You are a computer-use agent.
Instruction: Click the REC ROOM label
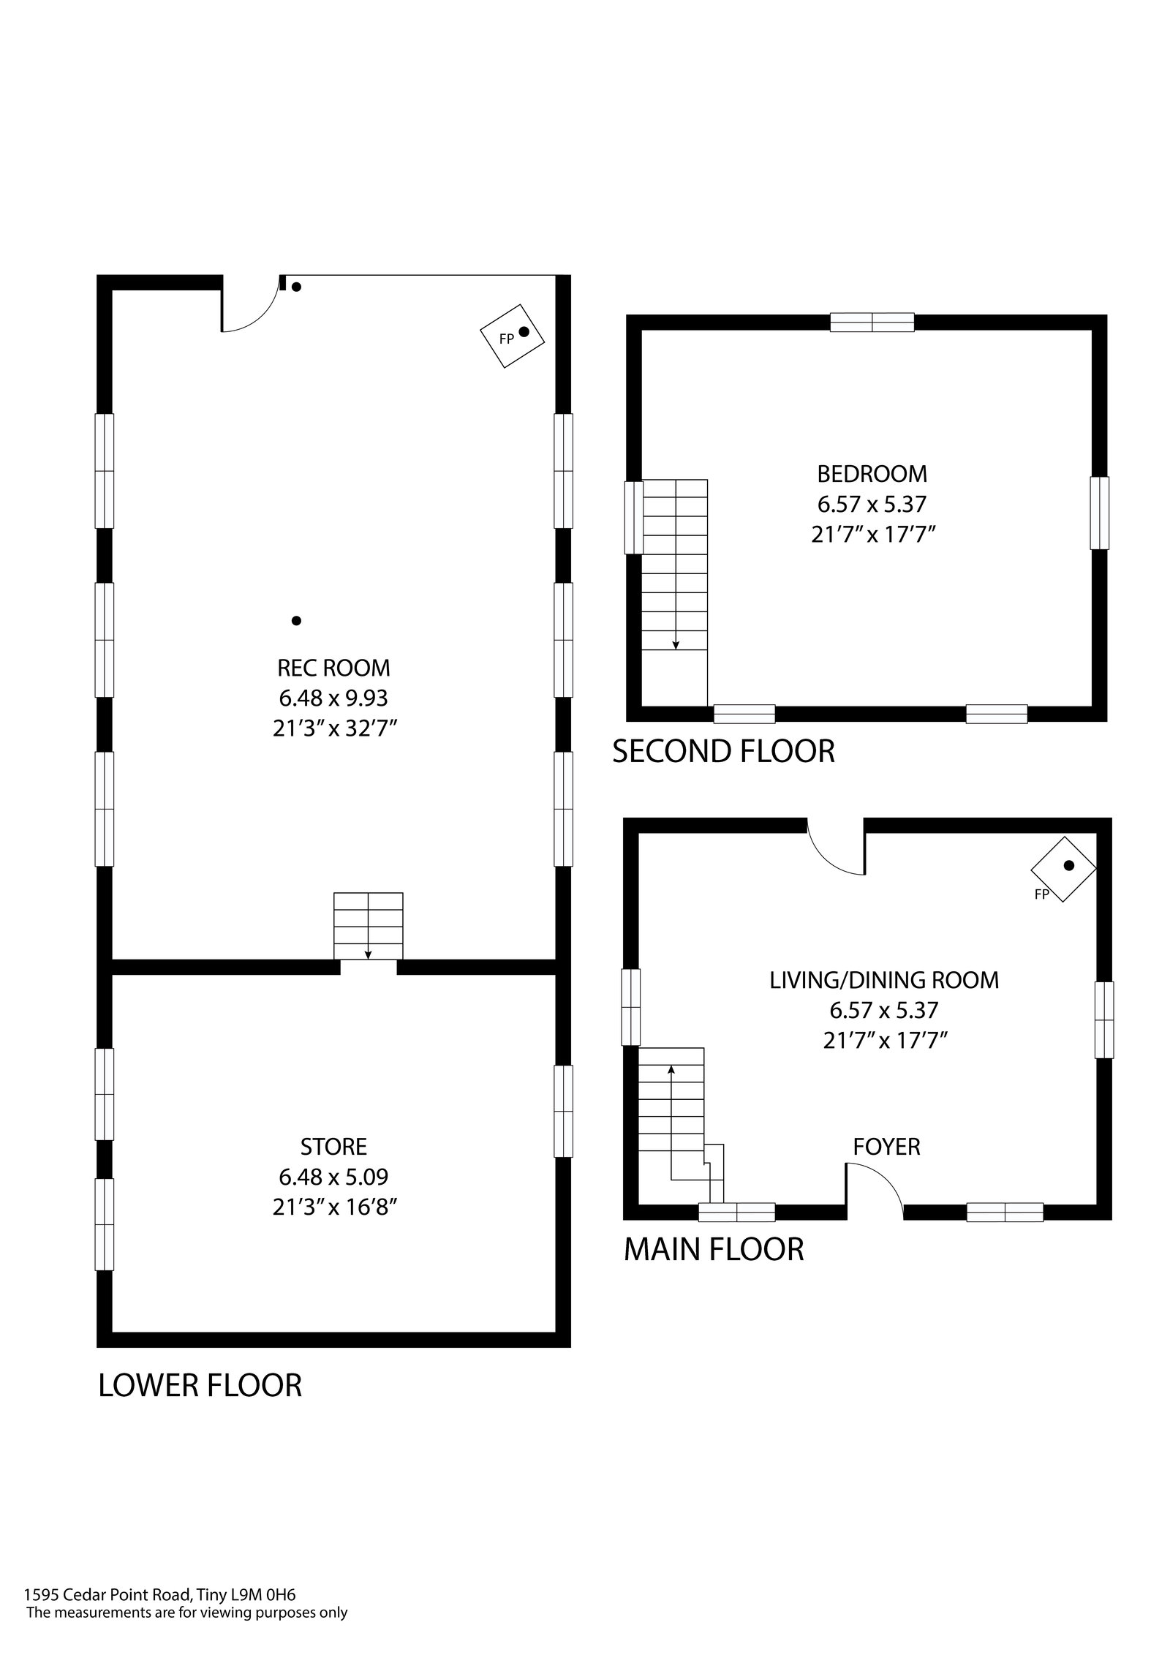pyautogui.click(x=333, y=668)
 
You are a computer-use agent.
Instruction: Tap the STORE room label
pyautogui.click(x=333, y=1146)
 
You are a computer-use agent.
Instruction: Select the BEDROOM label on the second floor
pyautogui.click(x=872, y=474)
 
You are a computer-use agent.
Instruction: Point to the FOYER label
pyautogui.click(x=886, y=1147)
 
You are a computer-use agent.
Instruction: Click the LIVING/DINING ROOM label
pyautogui.click(x=884, y=980)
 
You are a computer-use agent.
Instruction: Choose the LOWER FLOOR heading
pyautogui.click(x=200, y=1385)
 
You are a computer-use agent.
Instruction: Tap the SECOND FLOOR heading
pyautogui.click(x=723, y=752)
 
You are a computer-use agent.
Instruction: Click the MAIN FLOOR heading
pyautogui.click(x=714, y=1249)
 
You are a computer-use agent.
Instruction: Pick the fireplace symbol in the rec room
pyautogui.click(x=513, y=336)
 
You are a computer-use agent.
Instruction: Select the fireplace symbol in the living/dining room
pyautogui.click(x=1063, y=870)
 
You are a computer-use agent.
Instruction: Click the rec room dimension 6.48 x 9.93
pyautogui.click(x=333, y=698)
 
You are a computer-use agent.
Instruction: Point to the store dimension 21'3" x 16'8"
pyautogui.click(x=334, y=1207)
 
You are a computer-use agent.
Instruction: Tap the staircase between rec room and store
pyautogui.click(x=368, y=925)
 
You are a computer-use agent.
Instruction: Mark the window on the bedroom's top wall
pyautogui.click(x=872, y=322)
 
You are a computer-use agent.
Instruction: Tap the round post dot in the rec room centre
pyautogui.click(x=296, y=621)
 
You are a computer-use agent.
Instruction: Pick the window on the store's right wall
pyautogui.click(x=563, y=1111)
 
